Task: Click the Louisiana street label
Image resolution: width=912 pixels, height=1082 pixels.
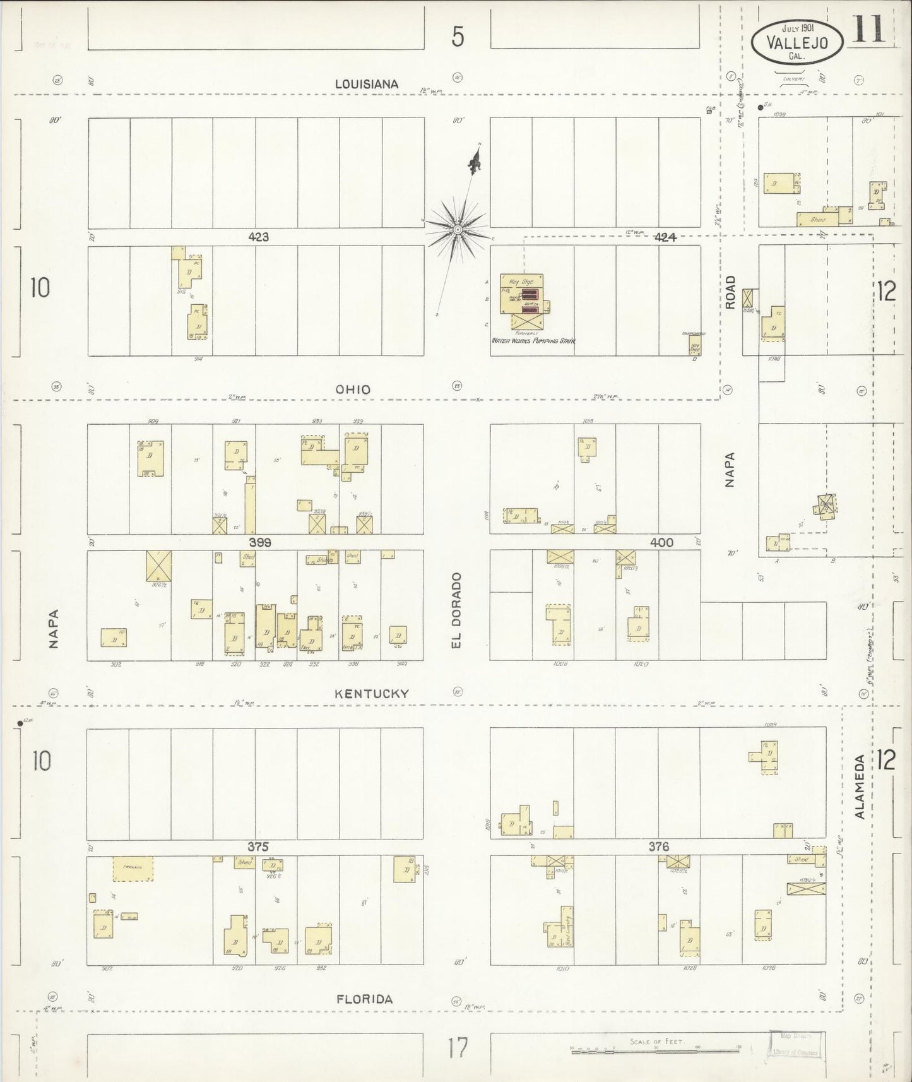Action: click(x=367, y=84)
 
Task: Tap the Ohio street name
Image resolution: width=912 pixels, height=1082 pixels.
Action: click(x=353, y=389)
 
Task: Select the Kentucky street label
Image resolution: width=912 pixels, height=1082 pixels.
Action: click(x=371, y=693)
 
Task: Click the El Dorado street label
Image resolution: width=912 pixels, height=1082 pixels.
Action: click(x=456, y=610)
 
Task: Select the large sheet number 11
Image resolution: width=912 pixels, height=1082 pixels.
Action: click(x=868, y=30)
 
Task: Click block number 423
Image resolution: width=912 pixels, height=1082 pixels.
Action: click(x=259, y=237)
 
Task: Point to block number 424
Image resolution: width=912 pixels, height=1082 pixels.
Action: click(x=665, y=237)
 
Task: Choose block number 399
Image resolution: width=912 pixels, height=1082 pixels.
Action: click(x=260, y=542)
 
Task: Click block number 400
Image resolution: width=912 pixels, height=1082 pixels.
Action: click(x=661, y=542)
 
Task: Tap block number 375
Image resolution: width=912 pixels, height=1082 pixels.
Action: click(x=258, y=847)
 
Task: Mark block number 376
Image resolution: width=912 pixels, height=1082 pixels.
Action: click(x=658, y=847)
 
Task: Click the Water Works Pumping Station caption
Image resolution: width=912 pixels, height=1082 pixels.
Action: click(x=534, y=340)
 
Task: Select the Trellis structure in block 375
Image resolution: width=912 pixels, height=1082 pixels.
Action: click(x=133, y=869)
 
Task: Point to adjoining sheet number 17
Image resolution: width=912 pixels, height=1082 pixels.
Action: click(x=458, y=1049)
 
